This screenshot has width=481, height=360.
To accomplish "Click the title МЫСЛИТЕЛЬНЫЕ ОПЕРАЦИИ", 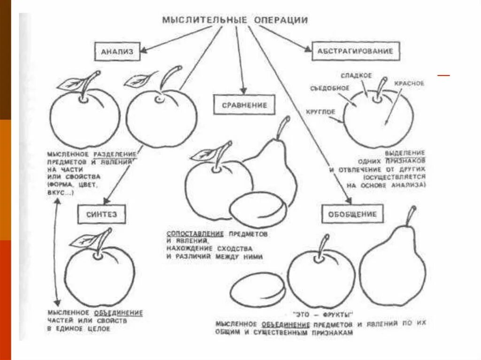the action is (235, 20).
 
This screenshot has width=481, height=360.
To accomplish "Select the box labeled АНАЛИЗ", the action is (117, 52).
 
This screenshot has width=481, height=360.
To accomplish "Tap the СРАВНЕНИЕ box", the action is (244, 105).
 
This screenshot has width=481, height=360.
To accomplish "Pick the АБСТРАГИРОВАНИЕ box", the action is (356, 50).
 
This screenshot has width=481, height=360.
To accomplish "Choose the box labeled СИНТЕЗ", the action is (101, 214).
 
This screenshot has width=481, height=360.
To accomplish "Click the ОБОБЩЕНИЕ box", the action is (356, 214).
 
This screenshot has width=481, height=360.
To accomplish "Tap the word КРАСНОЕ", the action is (409, 83).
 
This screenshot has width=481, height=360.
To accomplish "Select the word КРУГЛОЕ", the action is (320, 112).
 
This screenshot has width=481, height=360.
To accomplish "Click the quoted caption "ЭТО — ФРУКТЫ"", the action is (323, 314).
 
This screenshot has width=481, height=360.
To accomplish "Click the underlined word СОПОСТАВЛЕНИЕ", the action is (197, 233).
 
